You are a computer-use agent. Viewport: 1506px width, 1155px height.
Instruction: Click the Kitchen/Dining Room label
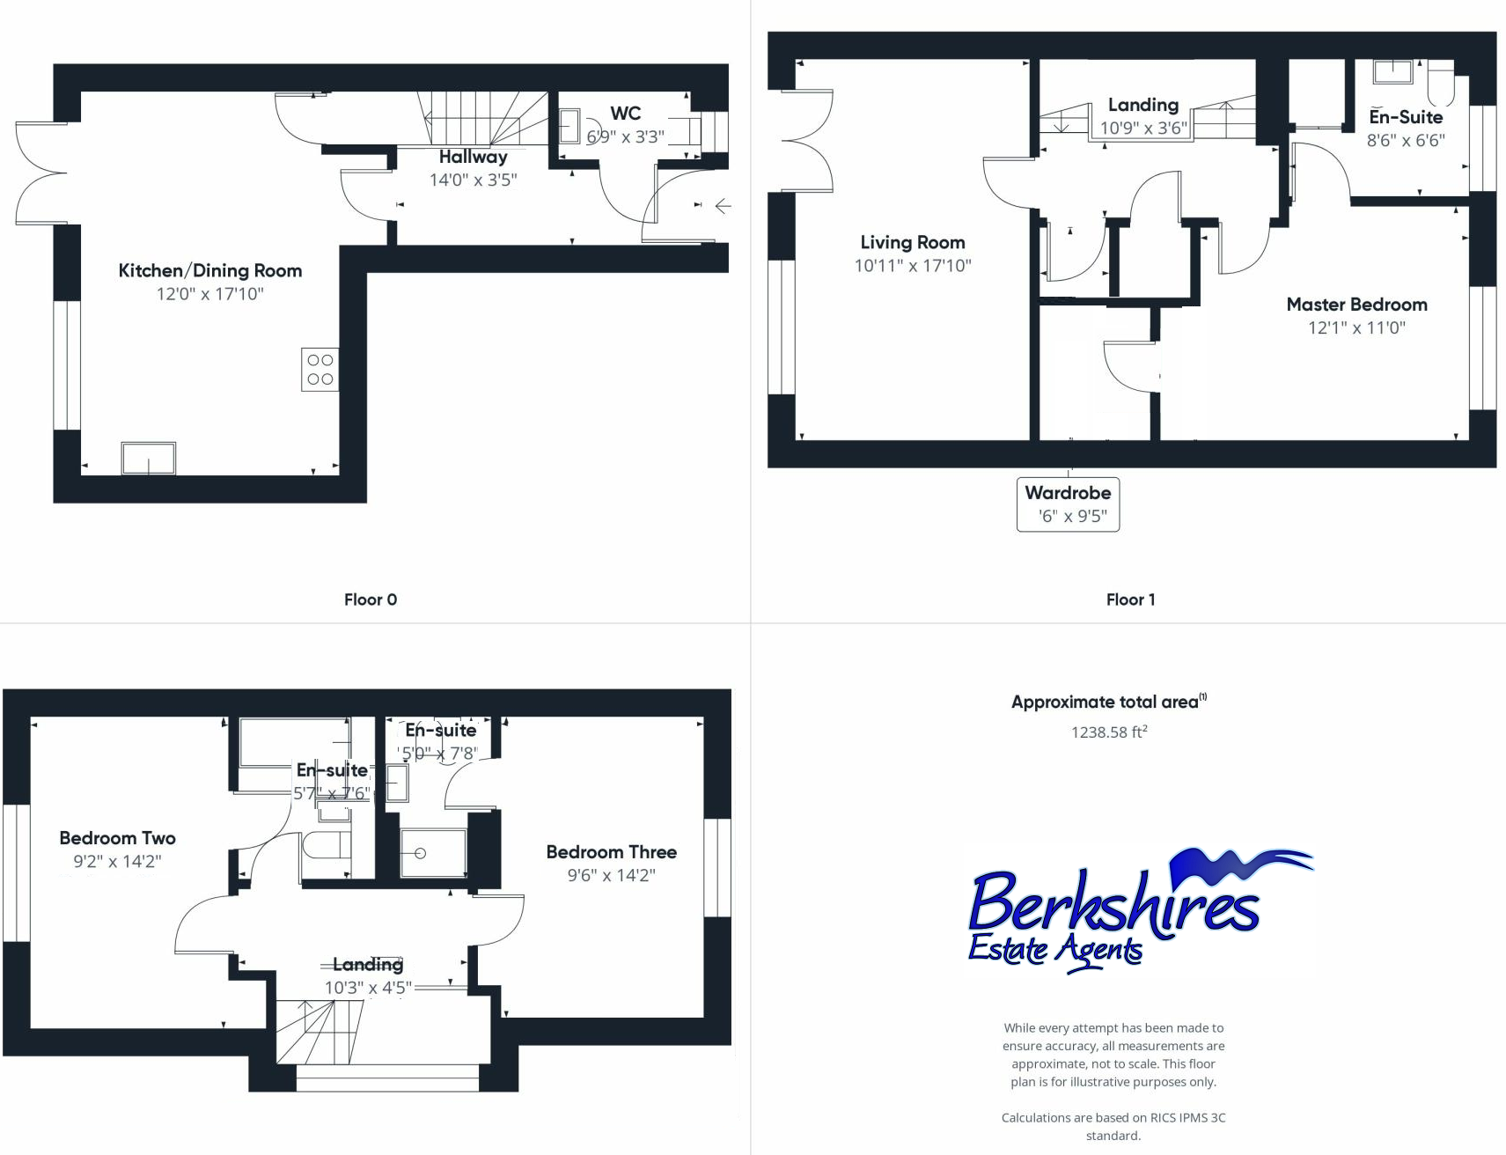click(210, 271)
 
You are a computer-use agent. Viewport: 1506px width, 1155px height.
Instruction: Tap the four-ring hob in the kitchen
click(320, 370)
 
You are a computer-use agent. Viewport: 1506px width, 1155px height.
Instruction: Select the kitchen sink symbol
click(149, 459)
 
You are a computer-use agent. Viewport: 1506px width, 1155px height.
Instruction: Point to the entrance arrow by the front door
click(723, 207)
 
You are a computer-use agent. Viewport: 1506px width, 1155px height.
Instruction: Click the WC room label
click(626, 114)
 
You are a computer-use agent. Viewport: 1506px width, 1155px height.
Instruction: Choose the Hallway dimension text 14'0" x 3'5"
click(474, 180)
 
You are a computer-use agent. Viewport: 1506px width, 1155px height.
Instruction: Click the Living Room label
click(913, 242)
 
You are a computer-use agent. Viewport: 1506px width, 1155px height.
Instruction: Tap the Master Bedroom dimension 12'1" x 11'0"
click(1356, 328)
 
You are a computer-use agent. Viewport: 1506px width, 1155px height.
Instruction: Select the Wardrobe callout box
click(1068, 504)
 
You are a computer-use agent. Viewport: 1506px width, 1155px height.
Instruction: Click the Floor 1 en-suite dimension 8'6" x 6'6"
click(1406, 141)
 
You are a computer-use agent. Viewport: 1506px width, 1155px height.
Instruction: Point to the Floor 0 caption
click(371, 600)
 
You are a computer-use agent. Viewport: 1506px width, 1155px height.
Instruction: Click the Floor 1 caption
click(1131, 600)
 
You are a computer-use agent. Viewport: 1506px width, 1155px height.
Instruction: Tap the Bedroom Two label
click(118, 838)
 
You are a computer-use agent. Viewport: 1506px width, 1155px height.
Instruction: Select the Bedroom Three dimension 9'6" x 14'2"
click(612, 876)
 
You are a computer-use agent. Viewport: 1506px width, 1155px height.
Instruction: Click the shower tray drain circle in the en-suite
click(420, 853)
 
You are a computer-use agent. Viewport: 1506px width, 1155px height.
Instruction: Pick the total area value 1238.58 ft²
click(1109, 732)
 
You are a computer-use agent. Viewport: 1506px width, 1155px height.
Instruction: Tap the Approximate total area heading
click(1109, 702)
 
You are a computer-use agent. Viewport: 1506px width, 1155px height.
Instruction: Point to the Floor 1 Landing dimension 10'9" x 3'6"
click(1143, 129)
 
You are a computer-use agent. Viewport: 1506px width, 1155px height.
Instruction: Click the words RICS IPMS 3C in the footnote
click(1187, 1118)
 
